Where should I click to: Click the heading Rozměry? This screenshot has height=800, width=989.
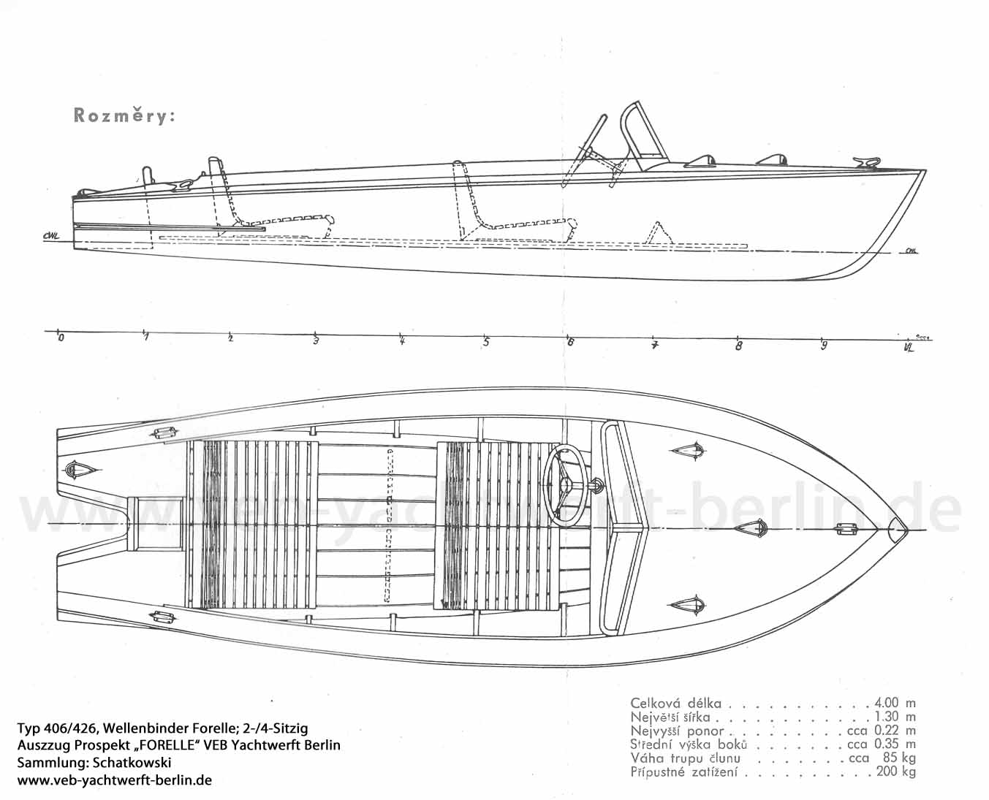pyautogui.click(x=124, y=115)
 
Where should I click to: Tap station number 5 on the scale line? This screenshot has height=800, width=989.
pyautogui.click(x=486, y=342)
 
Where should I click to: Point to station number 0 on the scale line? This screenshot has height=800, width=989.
pyautogui.click(x=61, y=338)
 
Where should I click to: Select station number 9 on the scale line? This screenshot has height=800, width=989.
pyautogui.click(x=824, y=346)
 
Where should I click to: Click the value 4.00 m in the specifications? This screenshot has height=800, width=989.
pyautogui.click(x=894, y=703)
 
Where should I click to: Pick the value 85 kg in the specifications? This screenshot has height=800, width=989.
pyautogui.click(x=898, y=758)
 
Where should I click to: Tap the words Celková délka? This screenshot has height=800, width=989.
pyautogui.click(x=675, y=704)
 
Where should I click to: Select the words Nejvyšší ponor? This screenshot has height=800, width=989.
pyautogui.click(x=677, y=731)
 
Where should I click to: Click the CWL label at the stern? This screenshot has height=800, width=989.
pyautogui.click(x=50, y=235)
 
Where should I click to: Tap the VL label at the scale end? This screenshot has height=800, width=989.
pyautogui.click(x=909, y=348)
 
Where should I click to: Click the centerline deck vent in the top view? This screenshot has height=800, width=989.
pyautogui.click(x=760, y=527)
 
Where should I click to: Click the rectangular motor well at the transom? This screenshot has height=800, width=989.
pyautogui.click(x=156, y=524)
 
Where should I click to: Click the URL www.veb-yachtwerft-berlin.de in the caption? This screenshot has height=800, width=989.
pyautogui.click(x=114, y=780)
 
